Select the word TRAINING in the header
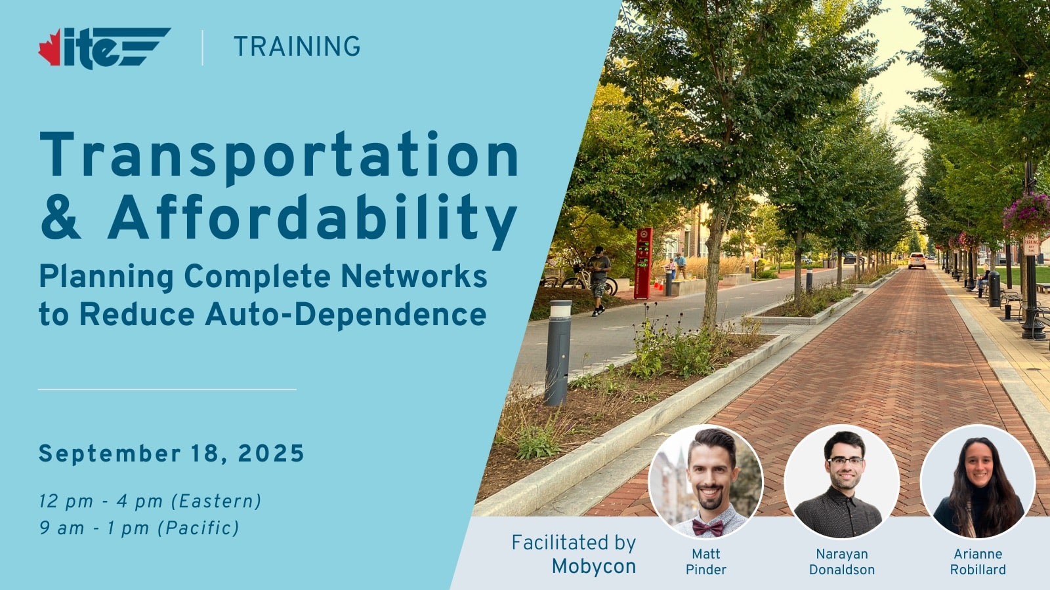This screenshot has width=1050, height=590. pos(297,47)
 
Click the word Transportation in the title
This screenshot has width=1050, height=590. pos(280,155)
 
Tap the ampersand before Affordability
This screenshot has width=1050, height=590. pos(60,217)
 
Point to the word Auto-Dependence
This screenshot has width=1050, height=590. pos(345,314)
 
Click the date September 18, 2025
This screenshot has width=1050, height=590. pos(171,453)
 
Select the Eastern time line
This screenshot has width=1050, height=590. pos(150,501)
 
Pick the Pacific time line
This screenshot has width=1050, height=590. pos(139,528)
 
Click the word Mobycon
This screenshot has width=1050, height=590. pos(593,567)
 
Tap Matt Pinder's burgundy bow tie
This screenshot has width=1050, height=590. pos(708,528)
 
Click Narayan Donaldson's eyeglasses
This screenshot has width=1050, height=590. pos(845,460)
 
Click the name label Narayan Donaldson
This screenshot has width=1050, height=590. pos(842,562)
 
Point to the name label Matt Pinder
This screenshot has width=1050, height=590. pos(706,562)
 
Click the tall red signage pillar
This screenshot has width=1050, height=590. pos(643,263)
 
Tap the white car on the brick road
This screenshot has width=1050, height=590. pos(917,260)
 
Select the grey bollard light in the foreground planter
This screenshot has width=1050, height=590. pos(558,353)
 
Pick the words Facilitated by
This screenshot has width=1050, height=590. pos(574,543)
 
